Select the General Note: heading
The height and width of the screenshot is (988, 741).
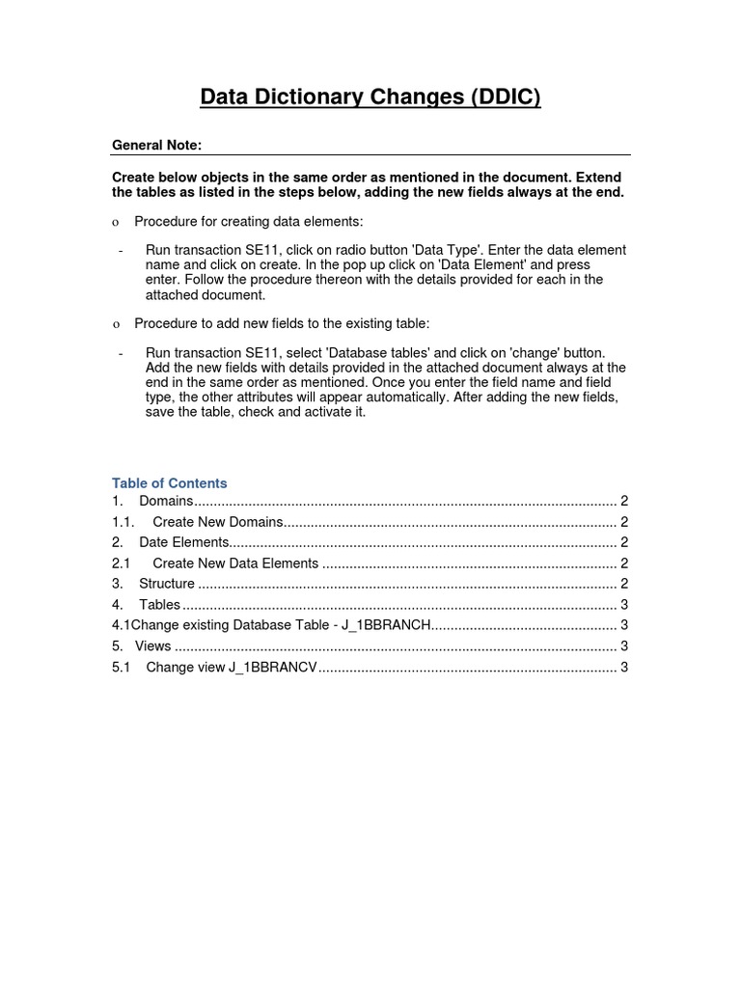coord(156,146)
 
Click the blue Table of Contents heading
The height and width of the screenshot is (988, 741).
coord(170,483)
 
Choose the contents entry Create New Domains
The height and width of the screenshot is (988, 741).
coord(218,522)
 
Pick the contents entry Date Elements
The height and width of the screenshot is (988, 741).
coord(184,542)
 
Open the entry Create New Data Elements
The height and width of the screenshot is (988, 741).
coord(235,563)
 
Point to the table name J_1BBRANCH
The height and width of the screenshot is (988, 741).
coord(384,625)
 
